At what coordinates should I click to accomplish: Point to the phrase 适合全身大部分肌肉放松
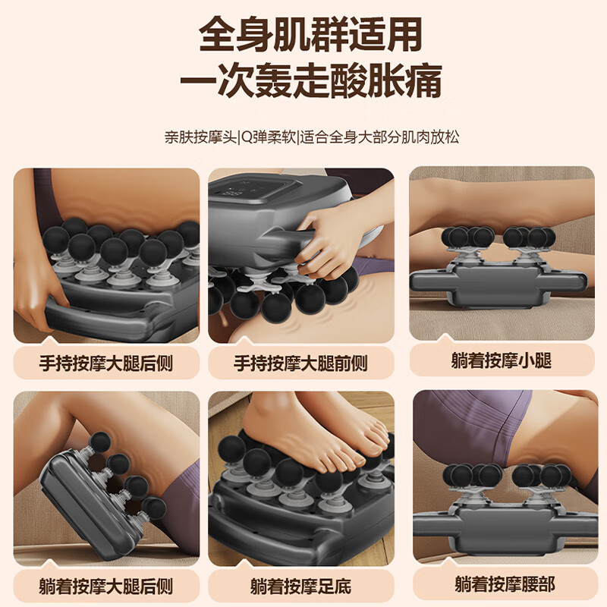[x=379, y=138]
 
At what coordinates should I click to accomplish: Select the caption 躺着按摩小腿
[x=501, y=360]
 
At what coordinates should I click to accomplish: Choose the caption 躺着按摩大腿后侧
[x=106, y=587]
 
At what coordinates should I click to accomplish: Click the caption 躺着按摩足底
[x=301, y=587]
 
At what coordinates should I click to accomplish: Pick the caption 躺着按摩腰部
[x=501, y=583]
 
